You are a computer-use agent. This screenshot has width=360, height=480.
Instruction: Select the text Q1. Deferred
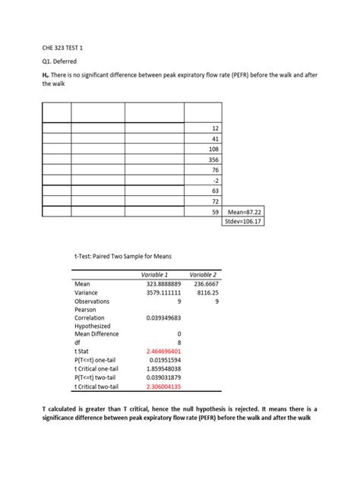[59, 61]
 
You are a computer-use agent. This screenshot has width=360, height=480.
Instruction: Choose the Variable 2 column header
[203, 273]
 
